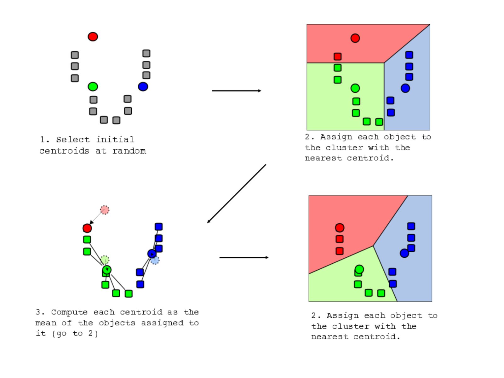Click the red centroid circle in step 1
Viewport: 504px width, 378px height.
pos(93,37)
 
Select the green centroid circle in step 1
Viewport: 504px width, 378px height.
pos(93,87)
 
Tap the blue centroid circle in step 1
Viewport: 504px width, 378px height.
pos(143,87)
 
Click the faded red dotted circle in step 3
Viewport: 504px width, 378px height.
pos(105,210)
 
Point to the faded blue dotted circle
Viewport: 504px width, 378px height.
pos(155,260)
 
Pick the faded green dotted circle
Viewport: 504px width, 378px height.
pos(105,260)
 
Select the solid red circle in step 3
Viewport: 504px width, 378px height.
pos(87,228)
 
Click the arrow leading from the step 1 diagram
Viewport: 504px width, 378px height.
pos(237,91)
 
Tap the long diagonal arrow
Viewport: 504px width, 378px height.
pos(237,193)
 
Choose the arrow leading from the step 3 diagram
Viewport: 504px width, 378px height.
pos(244,257)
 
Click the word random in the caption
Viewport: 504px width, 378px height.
pos(129,151)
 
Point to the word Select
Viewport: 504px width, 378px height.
pos(73,140)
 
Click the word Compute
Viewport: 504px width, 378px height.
pos(69,312)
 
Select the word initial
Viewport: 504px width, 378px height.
pos(115,139)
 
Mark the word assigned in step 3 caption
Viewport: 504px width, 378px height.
pos(162,323)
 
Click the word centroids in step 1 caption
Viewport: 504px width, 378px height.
pos(64,151)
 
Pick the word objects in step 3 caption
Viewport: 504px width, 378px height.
pos(117,323)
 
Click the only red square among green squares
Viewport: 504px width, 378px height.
pos(338,56)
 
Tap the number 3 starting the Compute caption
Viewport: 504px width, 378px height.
pos(38,312)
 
